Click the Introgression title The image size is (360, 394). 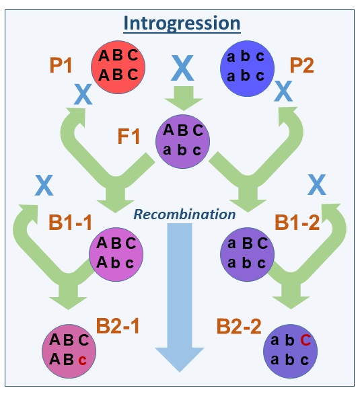pos(181,24)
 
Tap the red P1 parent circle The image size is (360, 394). pos(118,65)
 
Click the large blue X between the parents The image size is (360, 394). pos(183,67)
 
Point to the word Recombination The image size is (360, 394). pos(184,214)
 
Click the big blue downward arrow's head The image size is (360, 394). pos(180,358)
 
